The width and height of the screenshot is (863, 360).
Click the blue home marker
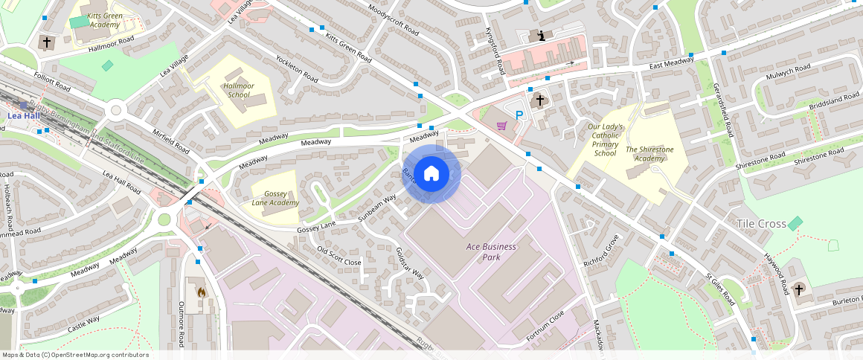coord(431,174)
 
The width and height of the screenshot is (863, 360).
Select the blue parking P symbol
coord(520,115)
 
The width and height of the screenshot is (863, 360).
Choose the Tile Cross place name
coord(760,224)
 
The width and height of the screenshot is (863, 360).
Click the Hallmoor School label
coord(239,90)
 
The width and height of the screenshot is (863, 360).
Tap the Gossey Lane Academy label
coord(275,198)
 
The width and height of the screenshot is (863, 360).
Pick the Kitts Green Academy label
coord(104,19)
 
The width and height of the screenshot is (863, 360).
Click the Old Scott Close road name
coord(339,256)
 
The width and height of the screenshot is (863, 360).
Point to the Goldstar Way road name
coord(409,263)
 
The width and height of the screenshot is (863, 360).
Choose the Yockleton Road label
coord(298,68)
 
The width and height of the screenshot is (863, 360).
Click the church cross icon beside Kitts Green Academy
coord(47,42)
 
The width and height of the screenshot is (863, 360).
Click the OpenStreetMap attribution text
coord(76,355)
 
